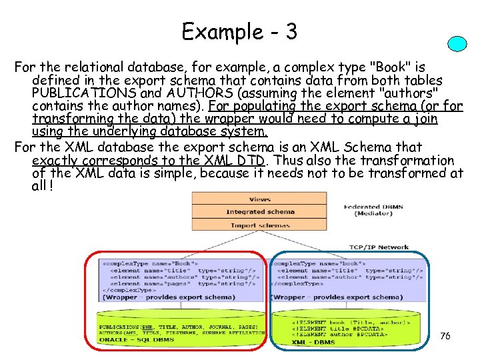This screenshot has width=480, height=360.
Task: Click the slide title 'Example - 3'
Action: (x=239, y=31)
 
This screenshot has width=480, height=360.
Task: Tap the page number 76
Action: (x=445, y=336)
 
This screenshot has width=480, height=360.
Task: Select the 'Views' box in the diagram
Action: (x=260, y=199)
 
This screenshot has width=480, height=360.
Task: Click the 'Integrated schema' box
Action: (x=260, y=211)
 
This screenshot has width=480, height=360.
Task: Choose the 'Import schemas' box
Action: (x=260, y=225)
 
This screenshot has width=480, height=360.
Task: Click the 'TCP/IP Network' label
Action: (x=379, y=247)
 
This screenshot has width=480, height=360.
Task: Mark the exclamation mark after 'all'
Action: (x=51, y=186)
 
